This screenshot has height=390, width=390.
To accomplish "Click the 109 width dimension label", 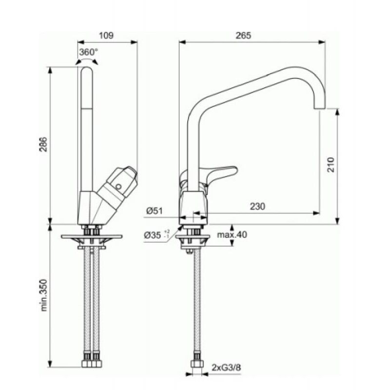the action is (x=106, y=36).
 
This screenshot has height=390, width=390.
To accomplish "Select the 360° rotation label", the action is (x=89, y=52).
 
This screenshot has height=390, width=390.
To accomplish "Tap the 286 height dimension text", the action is (x=43, y=144).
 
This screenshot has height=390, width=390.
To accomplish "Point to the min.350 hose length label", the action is (x=44, y=295).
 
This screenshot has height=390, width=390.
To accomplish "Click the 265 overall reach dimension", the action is (x=243, y=36).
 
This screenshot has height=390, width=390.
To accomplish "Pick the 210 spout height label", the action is (x=331, y=164).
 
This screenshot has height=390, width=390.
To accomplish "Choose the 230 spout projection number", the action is (x=257, y=206).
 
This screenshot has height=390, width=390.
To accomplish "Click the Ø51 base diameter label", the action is (x=155, y=211).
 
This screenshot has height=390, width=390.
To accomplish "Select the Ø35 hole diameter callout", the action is (x=156, y=235).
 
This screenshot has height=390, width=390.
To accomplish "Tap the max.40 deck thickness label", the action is (x=232, y=234).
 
